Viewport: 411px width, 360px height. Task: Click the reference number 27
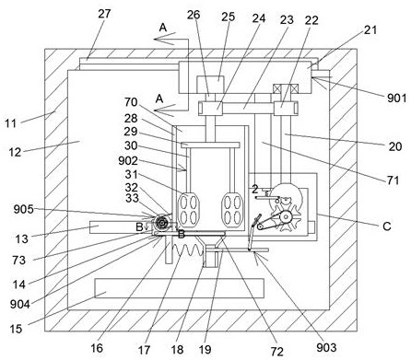[104, 14]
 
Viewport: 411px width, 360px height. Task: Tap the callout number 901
[396, 99]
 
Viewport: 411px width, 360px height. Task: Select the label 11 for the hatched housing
[10, 123]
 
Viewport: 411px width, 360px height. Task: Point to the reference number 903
[326, 347]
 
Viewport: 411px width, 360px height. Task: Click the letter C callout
[387, 226]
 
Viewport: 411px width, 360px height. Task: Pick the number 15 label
[16, 329]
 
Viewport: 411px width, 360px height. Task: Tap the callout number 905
[23, 209]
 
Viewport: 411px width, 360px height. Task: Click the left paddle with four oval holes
[189, 209]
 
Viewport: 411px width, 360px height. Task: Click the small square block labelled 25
[210, 84]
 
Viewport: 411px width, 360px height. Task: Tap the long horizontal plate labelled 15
[180, 288]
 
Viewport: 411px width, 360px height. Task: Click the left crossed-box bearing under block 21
[277, 89]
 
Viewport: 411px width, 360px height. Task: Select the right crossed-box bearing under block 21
[294, 89]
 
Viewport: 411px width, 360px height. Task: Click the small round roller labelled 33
[160, 222]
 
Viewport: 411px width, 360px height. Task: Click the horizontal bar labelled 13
[121, 226]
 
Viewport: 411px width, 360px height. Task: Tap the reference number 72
[276, 352]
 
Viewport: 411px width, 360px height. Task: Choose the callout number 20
[395, 146]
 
